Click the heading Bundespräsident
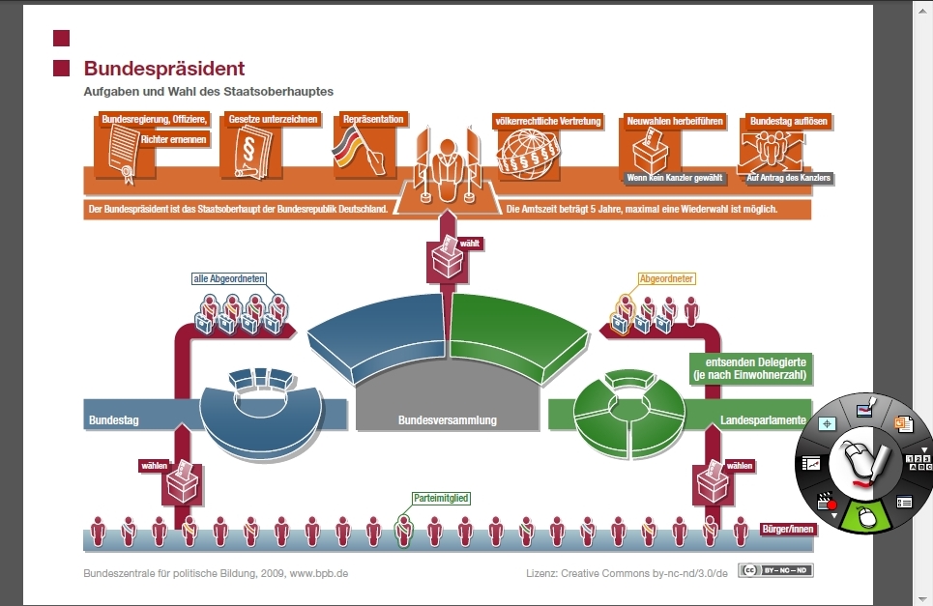[163, 69]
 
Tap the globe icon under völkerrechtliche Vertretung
[529, 156]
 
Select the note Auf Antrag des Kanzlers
[789, 178]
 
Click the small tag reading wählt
[470, 244]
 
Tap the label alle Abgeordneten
[228, 279]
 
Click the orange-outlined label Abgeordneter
[666, 279]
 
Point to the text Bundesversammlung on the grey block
[447, 420]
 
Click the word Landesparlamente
[762, 420]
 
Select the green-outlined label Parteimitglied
[441, 499]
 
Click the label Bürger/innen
[787, 529]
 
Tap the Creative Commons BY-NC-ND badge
[775, 570]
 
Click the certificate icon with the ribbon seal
[122, 156]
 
